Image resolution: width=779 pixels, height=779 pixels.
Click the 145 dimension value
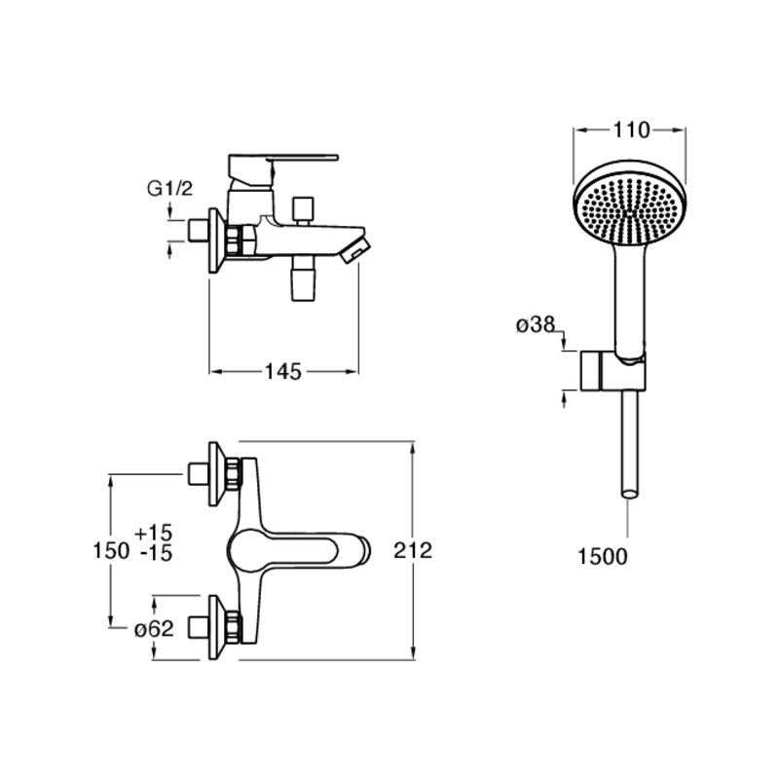pyautogui.click(x=283, y=372)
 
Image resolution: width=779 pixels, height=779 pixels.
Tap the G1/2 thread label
pyautogui.click(x=169, y=189)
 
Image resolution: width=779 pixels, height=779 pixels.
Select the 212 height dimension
pyautogui.click(x=413, y=550)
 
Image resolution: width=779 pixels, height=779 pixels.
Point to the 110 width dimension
pyautogui.click(x=631, y=130)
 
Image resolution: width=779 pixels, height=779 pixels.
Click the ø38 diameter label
pyautogui.click(x=536, y=325)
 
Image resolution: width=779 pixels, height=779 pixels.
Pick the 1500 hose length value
pyautogui.click(x=602, y=556)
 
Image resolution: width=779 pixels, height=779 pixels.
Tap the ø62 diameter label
pyautogui.click(x=154, y=629)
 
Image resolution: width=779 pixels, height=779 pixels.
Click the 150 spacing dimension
pyautogui.click(x=111, y=550)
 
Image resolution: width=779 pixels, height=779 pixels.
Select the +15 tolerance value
pyautogui.click(x=154, y=533)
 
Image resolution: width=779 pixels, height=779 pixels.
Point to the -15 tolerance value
pyautogui.click(x=156, y=553)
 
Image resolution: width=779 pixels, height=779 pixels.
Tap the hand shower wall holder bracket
pyautogui.click(x=613, y=371)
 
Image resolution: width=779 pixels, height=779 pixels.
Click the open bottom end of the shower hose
pyautogui.click(x=630, y=494)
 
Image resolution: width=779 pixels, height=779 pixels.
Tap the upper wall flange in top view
pyautogui.click(x=216, y=474)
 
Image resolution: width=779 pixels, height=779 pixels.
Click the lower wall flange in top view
pyautogui.click(x=216, y=627)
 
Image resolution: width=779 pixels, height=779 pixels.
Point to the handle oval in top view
pyautogui.click(x=283, y=550)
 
